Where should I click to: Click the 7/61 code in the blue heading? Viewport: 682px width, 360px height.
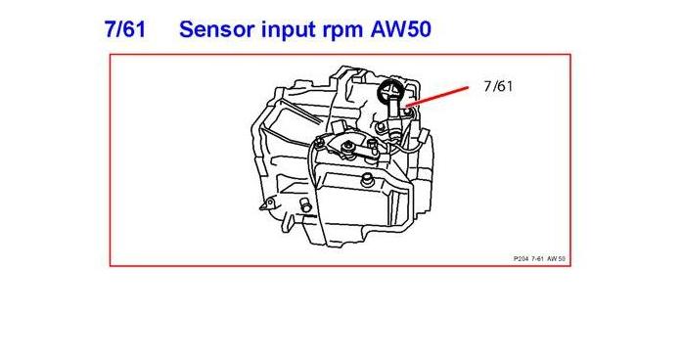[124, 28]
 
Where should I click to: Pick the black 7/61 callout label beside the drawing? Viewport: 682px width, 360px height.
[497, 86]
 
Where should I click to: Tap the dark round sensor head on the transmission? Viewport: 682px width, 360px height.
[389, 94]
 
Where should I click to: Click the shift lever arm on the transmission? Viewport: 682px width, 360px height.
[361, 155]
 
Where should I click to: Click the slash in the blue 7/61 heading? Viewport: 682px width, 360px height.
[124, 28]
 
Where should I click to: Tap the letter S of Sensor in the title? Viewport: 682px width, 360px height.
[187, 28]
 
